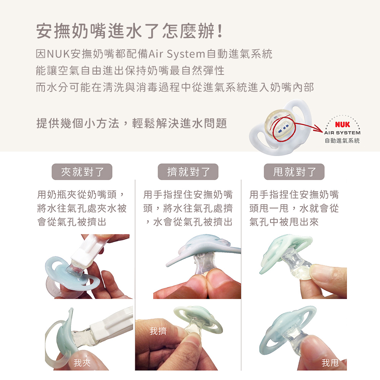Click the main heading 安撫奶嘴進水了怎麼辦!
coord(130,31)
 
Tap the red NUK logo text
coord(342,125)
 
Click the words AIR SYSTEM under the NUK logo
coord(342,133)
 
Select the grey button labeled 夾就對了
coord(82,172)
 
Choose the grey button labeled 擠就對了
coord(188,172)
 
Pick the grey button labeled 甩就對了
coord(294,172)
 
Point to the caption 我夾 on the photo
coord(82,363)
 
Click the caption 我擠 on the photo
coord(158,331)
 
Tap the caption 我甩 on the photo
coord(330,363)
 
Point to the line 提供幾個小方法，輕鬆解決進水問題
coord(131,123)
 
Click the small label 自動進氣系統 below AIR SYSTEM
coord(342,141)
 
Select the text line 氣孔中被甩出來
coord(284,222)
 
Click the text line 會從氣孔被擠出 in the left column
coord(72,222)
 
